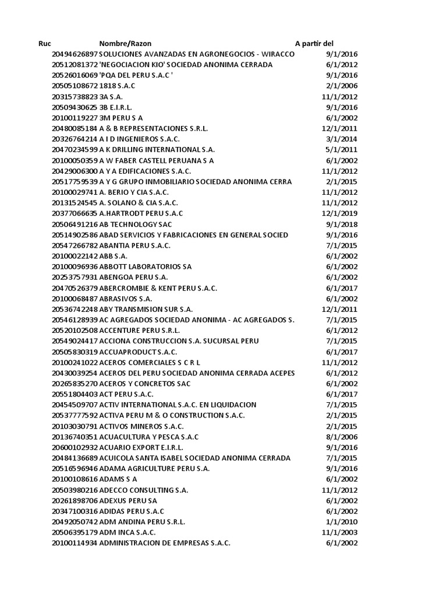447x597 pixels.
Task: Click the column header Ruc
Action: click(45, 44)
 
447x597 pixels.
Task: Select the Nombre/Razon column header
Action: click(125, 44)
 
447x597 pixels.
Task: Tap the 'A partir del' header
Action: click(314, 44)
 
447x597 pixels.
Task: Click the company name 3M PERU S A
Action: click(121, 118)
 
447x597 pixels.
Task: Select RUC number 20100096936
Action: click(74, 266)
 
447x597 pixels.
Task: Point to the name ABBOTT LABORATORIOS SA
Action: click(146, 266)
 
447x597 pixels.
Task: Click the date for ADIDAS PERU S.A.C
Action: click(342, 511)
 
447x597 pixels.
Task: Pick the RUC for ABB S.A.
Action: click(74, 256)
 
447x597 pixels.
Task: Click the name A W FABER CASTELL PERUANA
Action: click(157, 160)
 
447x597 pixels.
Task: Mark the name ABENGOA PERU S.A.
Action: click(134, 277)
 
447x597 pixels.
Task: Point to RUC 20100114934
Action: click(74, 543)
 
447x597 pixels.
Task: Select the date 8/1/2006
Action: click(342, 437)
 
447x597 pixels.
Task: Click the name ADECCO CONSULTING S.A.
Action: click(144, 490)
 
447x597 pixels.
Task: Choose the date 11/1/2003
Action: click(339, 532)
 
